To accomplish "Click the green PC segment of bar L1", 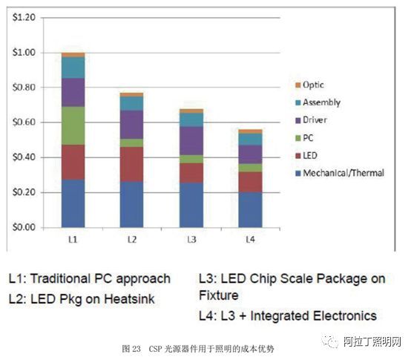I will [73, 125].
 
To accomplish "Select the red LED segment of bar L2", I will [132, 164].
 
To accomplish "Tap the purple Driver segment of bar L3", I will [191, 140].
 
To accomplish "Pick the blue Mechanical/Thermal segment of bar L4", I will [249, 209].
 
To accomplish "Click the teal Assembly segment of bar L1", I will [73, 68].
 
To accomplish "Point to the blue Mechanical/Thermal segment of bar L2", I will [132, 204].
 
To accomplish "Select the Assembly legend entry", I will [321, 102].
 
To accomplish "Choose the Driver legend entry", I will [315, 120].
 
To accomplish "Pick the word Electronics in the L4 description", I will [341, 315].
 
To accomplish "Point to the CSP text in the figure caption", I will [155, 347].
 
